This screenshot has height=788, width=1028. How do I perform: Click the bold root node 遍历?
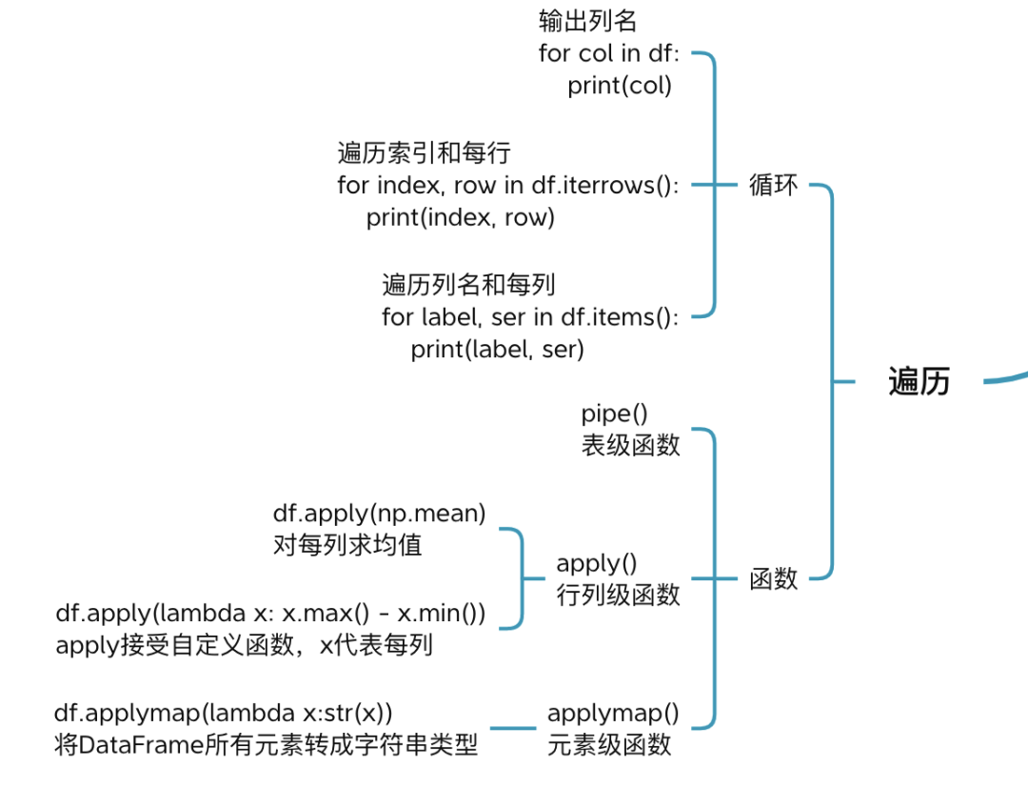[x=919, y=381]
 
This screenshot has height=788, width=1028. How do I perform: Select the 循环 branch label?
[x=774, y=185]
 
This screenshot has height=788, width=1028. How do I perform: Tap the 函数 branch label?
[x=774, y=578]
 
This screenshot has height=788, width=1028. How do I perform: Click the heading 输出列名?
[x=587, y=21]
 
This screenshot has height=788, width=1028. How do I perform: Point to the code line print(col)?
[x=620, y=86]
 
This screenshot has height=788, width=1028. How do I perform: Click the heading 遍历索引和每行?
[x=425, y=152]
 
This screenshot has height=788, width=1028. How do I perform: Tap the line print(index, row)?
[x=461, y=217]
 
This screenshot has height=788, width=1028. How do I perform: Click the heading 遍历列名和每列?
[x=468, y=285]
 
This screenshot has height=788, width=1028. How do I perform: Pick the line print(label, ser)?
[x=497, y=349]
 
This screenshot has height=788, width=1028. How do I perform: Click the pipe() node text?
[x=614, y=414]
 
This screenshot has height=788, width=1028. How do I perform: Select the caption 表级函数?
[x=631, y=446]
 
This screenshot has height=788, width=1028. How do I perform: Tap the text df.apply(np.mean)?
[x=379, y=513]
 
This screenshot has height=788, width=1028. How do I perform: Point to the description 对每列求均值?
[x=347, y=545]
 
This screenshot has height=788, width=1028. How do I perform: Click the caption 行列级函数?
[x=619, y=596]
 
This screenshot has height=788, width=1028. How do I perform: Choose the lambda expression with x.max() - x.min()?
[x=270, y=613]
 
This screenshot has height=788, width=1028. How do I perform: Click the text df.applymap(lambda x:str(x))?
[x=223, y=713]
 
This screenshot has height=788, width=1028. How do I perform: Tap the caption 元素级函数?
[x=609, y=745]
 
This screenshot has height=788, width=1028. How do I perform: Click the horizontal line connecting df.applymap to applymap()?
[x=513, y=728]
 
